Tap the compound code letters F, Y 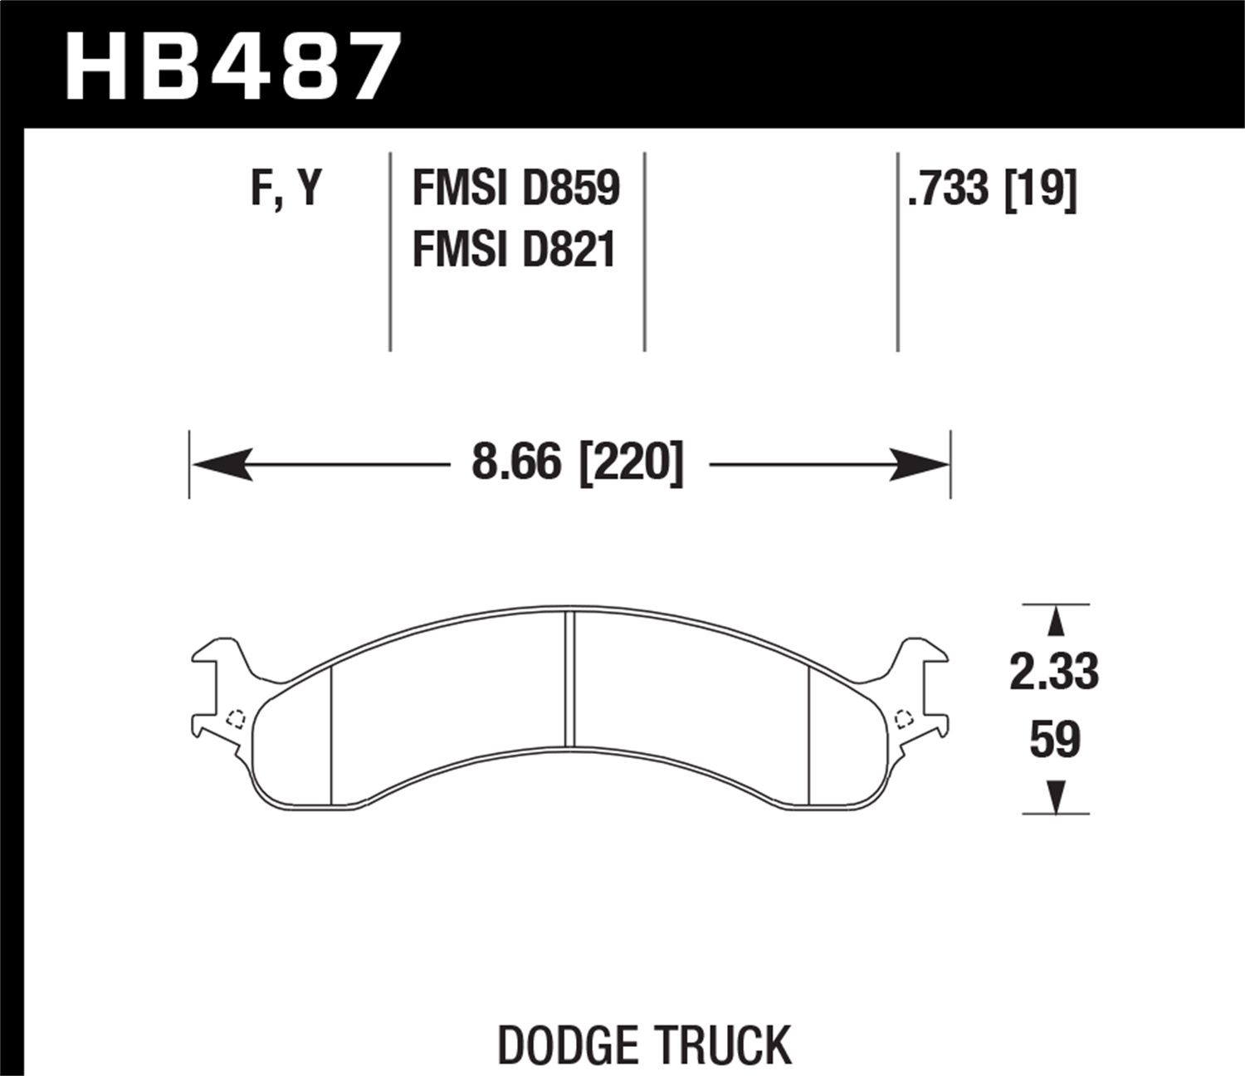pos(285,189)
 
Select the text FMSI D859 pos(515,188)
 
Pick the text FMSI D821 pos(513,249)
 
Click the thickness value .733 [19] pos(992,189)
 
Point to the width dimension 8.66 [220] pos(577,463)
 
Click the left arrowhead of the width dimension pos(220,463)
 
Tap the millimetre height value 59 pos(1054,739)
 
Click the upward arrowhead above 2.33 pos(1055,622)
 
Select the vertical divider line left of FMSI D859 pos(390,249)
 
